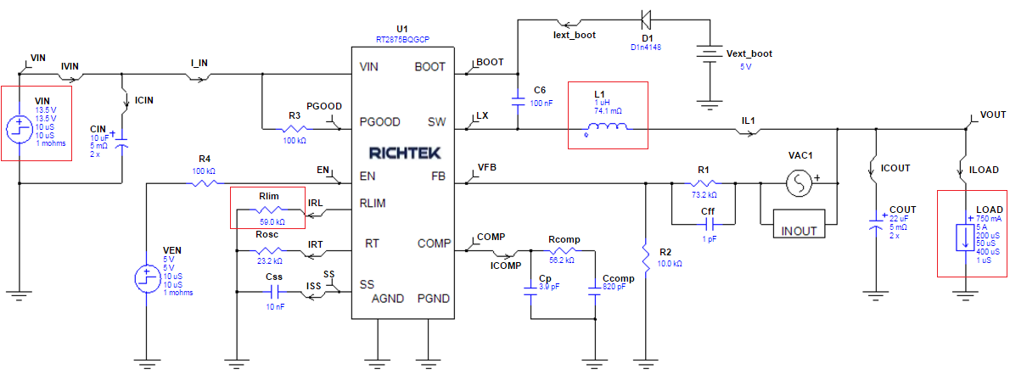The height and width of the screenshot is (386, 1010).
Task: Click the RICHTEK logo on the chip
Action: pos(403,154)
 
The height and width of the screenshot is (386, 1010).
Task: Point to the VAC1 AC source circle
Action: pos(798,182)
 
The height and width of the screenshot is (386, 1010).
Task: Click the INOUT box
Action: pos(798,231)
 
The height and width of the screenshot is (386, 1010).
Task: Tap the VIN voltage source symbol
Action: pos(19,129)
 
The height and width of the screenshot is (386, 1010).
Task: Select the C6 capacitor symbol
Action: pos(518,101)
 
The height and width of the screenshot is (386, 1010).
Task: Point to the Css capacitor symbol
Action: pos(273,291)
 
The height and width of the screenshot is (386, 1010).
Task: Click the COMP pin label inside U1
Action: pos(434,243)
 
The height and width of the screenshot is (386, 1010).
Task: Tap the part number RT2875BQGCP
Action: pos(403,39)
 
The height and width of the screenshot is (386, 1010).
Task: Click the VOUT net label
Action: pos(992,115)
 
